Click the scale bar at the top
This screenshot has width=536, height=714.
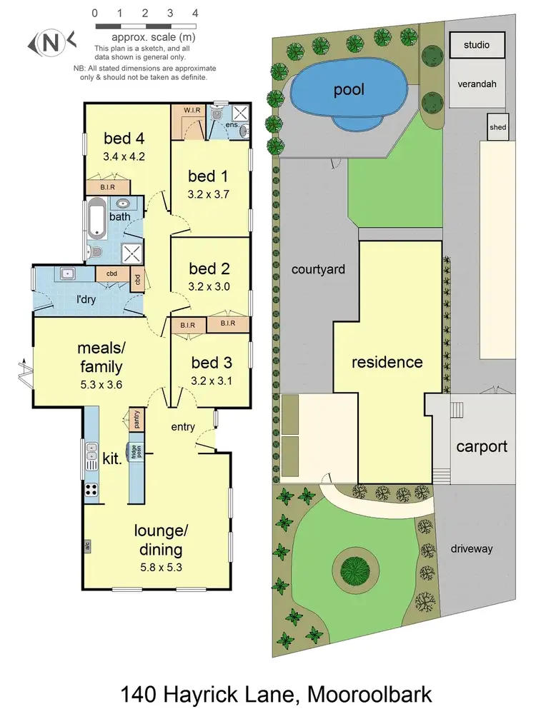coord(145,26)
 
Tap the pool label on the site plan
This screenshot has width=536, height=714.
coord(348,89)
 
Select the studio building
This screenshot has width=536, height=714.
coord(477,45)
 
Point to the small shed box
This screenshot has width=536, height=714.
coord(497,128)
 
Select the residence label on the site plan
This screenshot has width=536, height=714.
coord(387,362)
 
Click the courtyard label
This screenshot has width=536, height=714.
coord(318,269)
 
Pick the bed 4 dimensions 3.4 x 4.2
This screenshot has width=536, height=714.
coord(124,156)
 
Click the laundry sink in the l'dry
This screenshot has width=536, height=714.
coord(69,273)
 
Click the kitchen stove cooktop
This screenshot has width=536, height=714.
coord(92,490)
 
